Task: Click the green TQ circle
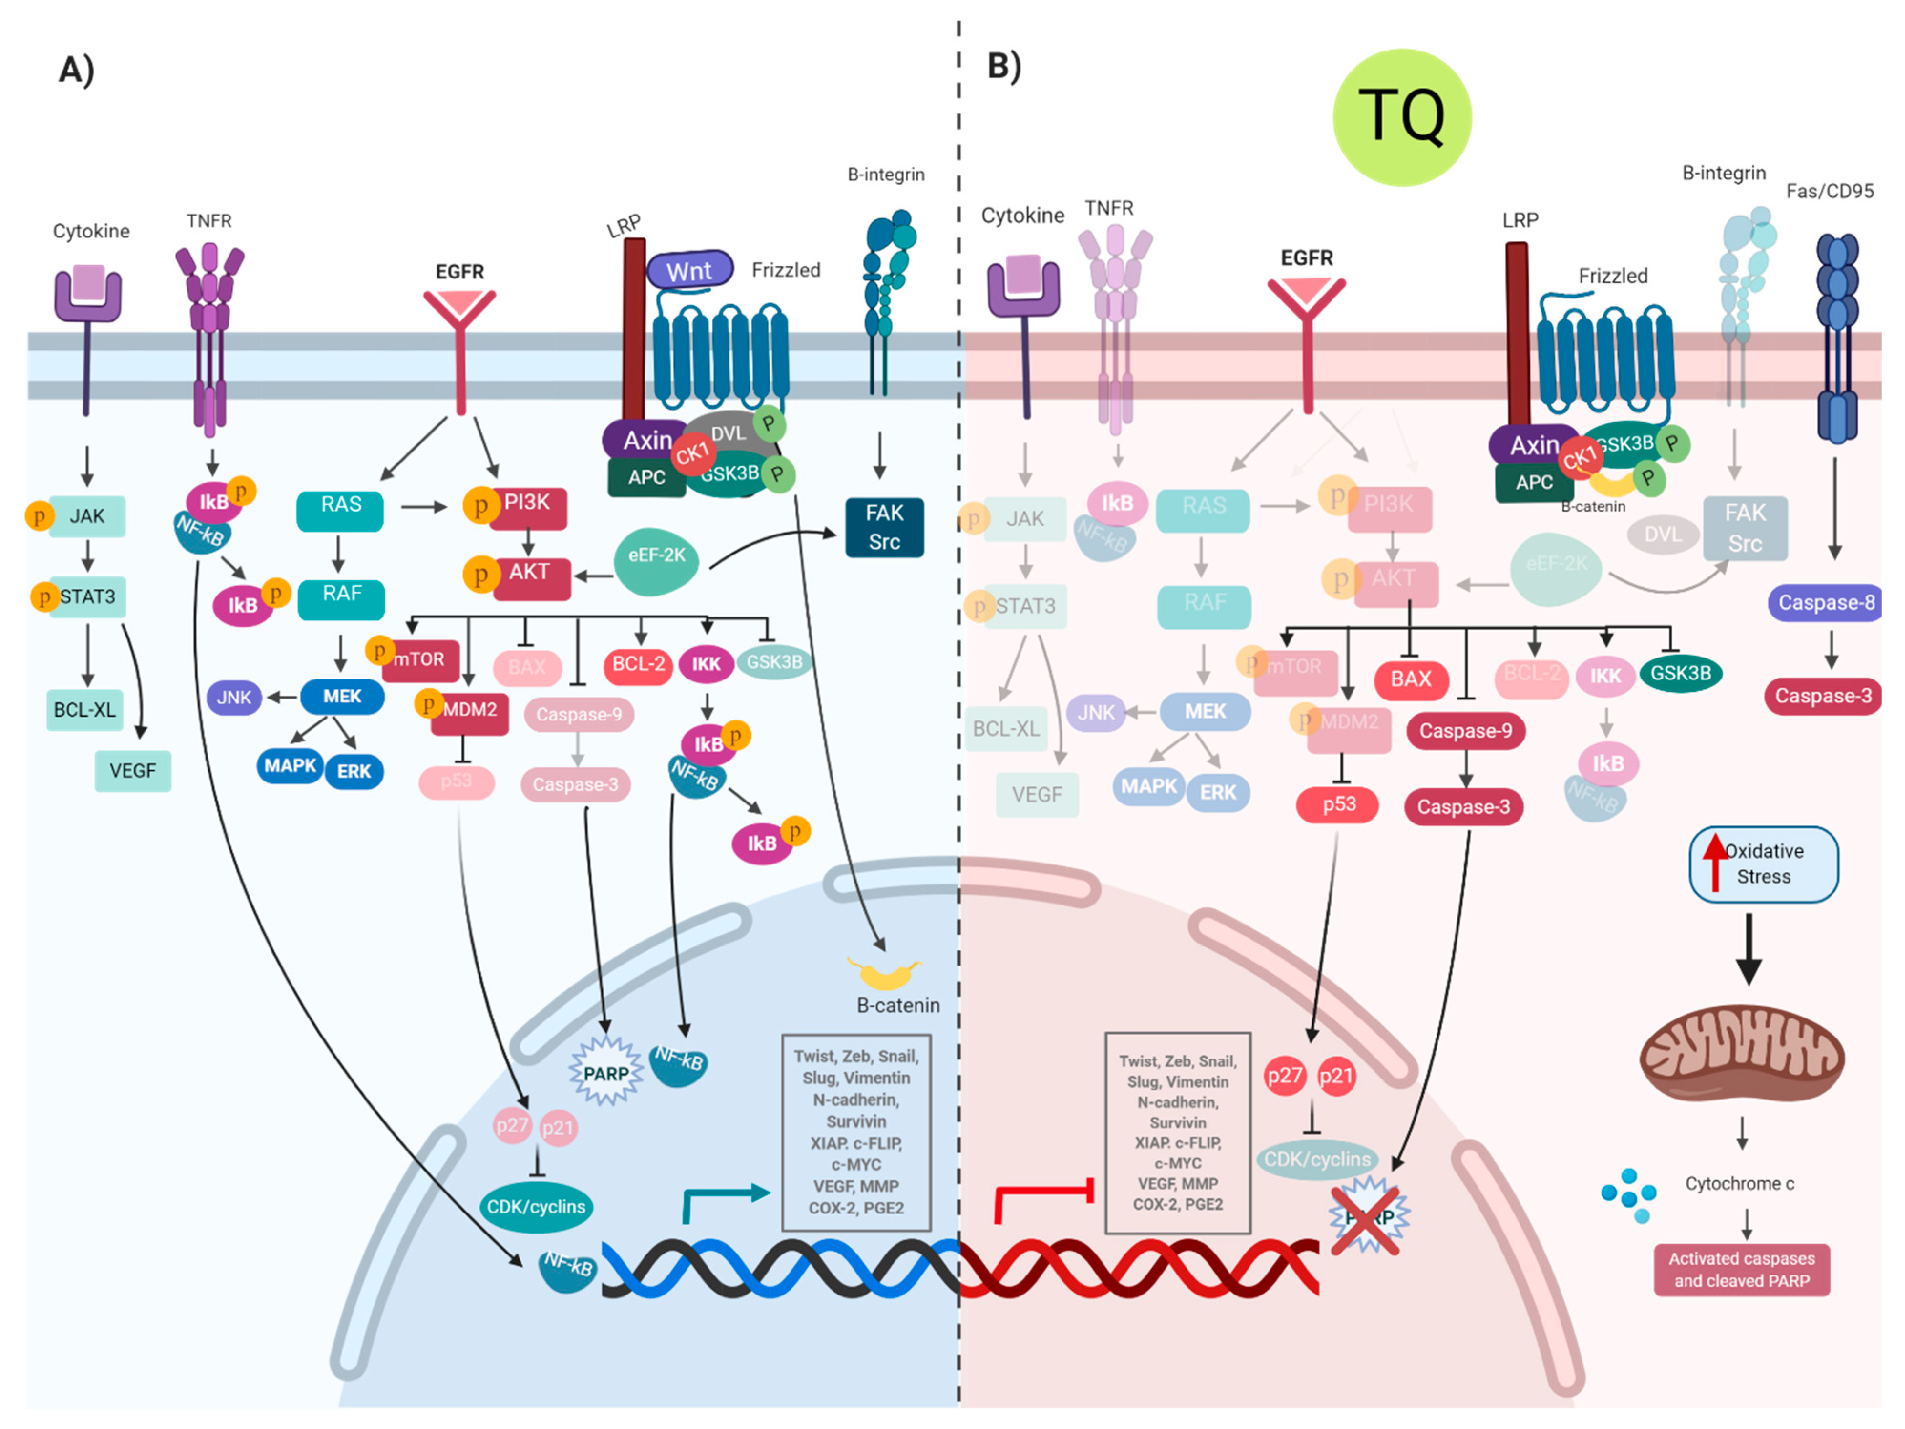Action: point(1401,117)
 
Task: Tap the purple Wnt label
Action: point(689,270)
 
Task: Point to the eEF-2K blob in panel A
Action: point(656,560)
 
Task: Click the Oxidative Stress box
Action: point(1764,864)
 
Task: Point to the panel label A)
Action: point(76,69)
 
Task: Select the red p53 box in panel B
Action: point(1338,804)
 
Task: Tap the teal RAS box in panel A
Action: point(340,510)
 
